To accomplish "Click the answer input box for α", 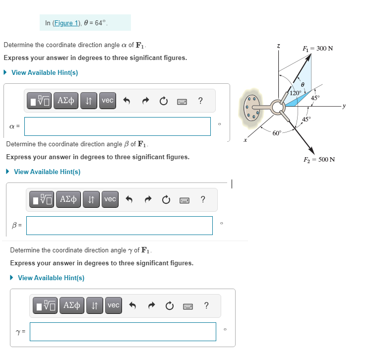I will pos(118,126).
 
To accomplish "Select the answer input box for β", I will pos(119,226).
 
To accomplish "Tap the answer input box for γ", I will pos(123,332).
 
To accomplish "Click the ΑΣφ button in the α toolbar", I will pos(66,100).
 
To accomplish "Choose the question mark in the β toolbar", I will pos(202,199).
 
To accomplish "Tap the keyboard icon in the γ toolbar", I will pos(187,305).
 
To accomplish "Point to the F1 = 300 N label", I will pos(317,48).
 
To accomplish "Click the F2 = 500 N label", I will pos(319,159).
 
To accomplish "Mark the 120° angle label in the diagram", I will pos(296,93).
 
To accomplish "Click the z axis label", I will pos(279,46).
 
